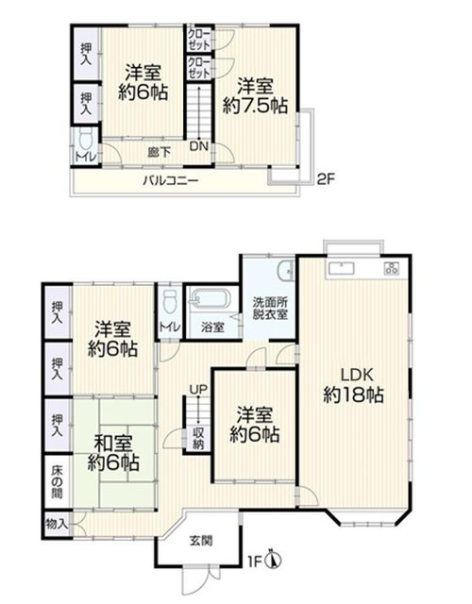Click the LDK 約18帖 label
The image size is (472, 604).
(353, 385)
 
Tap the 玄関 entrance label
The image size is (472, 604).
(201, 541)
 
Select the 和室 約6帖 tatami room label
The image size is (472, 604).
(113, 453)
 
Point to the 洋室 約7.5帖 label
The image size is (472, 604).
(255, 96)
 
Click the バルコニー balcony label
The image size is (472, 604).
(171, 180)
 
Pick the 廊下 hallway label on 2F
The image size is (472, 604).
(160, 153)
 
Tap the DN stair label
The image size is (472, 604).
(199, 146)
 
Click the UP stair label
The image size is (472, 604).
(198, 390)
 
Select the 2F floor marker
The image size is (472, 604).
(327, 179)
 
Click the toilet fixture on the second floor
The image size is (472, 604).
(86, 138)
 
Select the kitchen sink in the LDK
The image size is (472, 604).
(341, 268)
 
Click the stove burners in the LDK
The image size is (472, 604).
(392, 268)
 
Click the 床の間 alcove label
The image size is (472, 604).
(57, 482)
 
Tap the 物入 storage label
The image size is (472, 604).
(57, 524)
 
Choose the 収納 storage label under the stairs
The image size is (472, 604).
(198, 438)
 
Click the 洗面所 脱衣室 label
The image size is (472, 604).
(270, 308)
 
